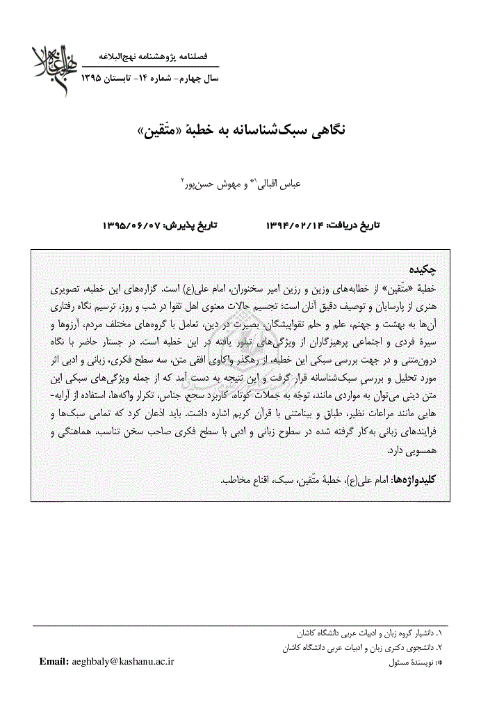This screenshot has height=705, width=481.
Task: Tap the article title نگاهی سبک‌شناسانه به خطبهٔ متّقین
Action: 240,130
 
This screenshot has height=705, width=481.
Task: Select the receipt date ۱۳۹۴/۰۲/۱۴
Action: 295,226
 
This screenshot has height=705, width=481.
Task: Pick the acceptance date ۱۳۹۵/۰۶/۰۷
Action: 132,226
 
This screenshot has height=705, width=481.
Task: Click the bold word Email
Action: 54,661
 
